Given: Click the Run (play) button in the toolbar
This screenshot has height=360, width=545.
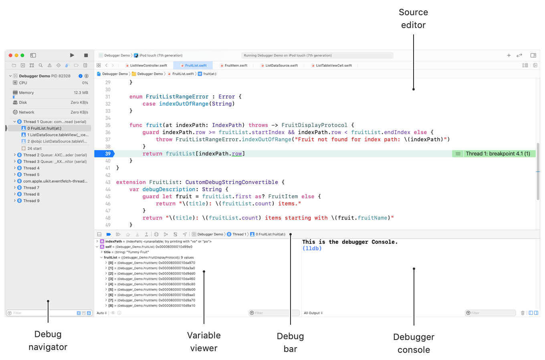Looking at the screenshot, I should [72, 55].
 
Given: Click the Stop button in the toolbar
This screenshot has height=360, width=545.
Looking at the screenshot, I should [86, 55].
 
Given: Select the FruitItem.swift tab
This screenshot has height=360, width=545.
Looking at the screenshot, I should [236, 65].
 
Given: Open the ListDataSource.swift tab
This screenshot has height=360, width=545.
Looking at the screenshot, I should [281, 65].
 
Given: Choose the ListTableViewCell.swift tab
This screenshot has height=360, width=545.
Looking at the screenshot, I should [333, 65].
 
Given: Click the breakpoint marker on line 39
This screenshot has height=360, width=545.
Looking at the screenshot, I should [105, 154].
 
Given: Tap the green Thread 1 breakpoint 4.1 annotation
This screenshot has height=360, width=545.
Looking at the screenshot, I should [497, 154].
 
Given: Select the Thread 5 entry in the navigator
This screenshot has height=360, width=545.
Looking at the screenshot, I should [31, 175].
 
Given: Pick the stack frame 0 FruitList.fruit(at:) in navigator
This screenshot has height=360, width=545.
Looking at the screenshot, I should [44, 128].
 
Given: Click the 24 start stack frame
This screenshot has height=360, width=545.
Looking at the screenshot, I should [34, 148].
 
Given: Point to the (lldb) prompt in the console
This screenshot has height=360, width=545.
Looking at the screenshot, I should [312, 248].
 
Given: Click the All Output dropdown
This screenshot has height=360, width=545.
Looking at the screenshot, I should [313, 313].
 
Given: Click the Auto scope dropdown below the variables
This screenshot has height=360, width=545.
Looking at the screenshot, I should [102, 313].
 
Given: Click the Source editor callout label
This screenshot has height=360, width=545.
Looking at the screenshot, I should [413, 18].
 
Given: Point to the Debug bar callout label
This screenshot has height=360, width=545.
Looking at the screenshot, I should [290, 342].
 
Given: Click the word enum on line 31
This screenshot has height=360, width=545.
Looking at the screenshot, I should [136, 97].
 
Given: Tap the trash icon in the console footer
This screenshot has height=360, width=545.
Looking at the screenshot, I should [523, 313].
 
